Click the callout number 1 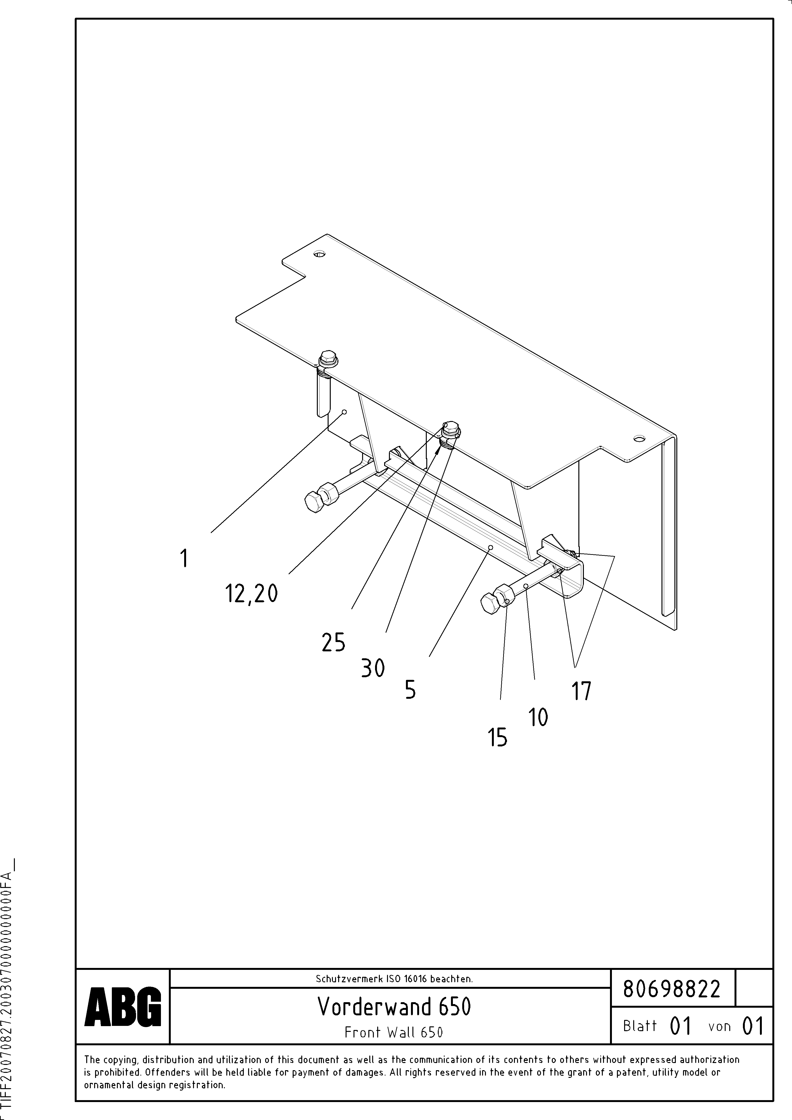[184, 558]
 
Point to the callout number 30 [373, 668]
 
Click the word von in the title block [719, 1026]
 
